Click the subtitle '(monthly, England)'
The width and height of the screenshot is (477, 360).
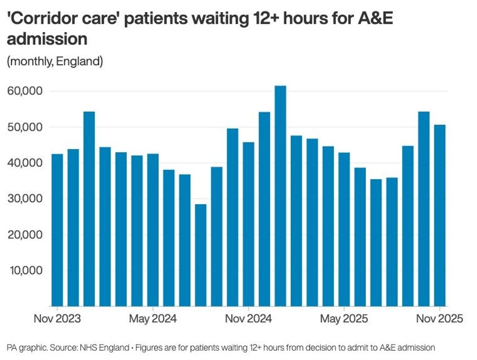click(x=55, y=62)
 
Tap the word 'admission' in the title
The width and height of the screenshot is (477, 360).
click(x=47, y=39)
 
